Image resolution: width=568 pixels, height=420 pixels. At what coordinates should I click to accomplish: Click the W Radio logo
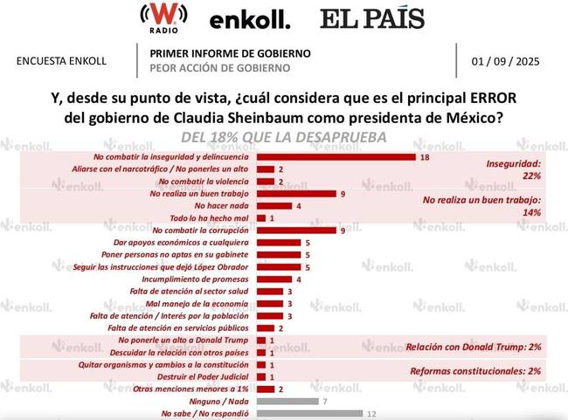(x=159, y=17)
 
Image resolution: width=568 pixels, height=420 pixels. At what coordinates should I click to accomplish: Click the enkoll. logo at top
(x=250, y=19)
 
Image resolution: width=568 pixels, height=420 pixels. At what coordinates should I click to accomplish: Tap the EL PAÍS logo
(x=371, y=18)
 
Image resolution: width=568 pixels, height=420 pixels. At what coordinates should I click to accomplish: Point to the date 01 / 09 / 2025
(x=506, y=61)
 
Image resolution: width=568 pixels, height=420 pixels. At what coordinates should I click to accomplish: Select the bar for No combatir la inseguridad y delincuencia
(x=335, y=157)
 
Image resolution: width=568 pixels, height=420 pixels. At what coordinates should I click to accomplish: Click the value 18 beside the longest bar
(x=425, y=157)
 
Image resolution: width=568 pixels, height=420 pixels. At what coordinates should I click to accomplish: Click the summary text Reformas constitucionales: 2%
(x=475, y=371)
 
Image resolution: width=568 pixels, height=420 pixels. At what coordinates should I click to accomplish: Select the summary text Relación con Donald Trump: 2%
(x=473, y=347)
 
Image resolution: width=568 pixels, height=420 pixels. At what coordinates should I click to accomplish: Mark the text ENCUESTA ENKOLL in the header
(x=62, y=61)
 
